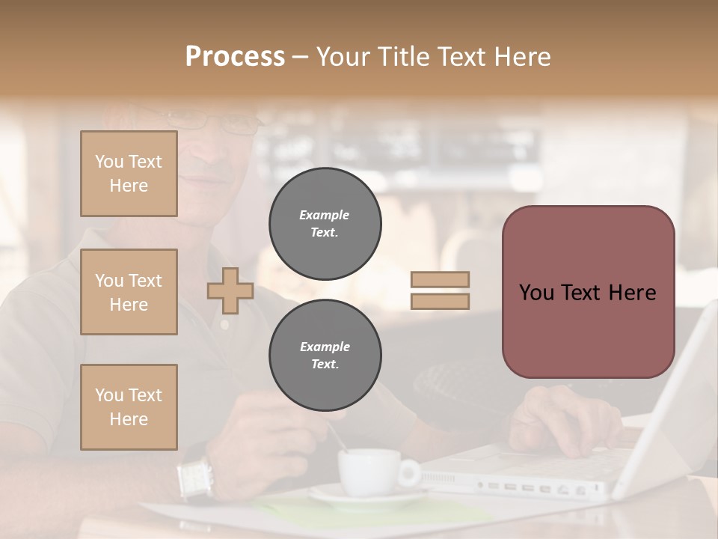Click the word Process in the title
click(x=235, y=57)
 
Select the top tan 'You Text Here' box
click(x=129, y=174)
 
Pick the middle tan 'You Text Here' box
click(x=129, y=292)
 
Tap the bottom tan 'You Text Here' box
click(x=129, y=406)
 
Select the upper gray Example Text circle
click(x=325, y=224)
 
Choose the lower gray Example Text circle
click(x=325, y=356)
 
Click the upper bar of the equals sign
click(x=440, y=280)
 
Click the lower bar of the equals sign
click(x=440, y=301)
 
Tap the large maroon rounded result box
click(x=588, y=292)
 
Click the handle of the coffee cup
click(x=410, y=472)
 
